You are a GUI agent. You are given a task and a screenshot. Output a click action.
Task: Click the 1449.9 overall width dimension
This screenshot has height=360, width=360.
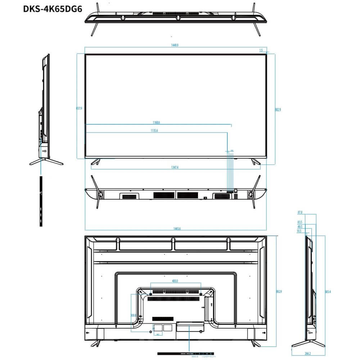coord(175,45)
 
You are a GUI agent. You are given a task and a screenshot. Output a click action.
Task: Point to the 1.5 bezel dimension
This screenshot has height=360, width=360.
coord(261,50)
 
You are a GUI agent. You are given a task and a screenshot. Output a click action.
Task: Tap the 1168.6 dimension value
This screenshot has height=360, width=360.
coord(156,122)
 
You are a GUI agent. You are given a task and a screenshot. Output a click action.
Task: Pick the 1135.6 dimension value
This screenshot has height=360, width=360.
coord(154,131)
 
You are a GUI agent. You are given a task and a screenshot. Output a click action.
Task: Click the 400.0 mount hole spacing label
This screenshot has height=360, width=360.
coord(175,280)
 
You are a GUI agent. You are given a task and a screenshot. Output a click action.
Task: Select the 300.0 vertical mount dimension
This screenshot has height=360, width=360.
coord(134,315)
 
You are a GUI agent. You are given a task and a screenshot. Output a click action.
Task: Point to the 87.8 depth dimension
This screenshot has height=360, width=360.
coord(300,212)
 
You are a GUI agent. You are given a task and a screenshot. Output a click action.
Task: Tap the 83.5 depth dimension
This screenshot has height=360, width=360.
coord(300,222)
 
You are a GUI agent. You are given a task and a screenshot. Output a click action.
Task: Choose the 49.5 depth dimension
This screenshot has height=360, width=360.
coord(300,227)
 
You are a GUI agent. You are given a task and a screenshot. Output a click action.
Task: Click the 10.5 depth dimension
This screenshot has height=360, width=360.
coord(299,231)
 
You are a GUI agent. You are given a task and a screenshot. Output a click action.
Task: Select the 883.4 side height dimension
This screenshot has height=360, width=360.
coord(328,292)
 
